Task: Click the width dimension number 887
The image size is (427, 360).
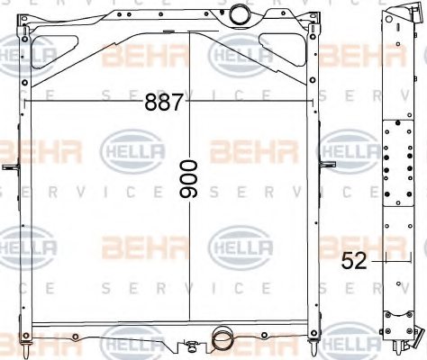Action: click(x=164, y=102)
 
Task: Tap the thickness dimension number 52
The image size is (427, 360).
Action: click(x=354, y=262)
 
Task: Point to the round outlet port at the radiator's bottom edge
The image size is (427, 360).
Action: click(x=221, y=339)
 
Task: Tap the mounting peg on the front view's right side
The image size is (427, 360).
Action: click(x=328, y=165)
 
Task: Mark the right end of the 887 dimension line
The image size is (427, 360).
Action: click(x=314, y=102)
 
